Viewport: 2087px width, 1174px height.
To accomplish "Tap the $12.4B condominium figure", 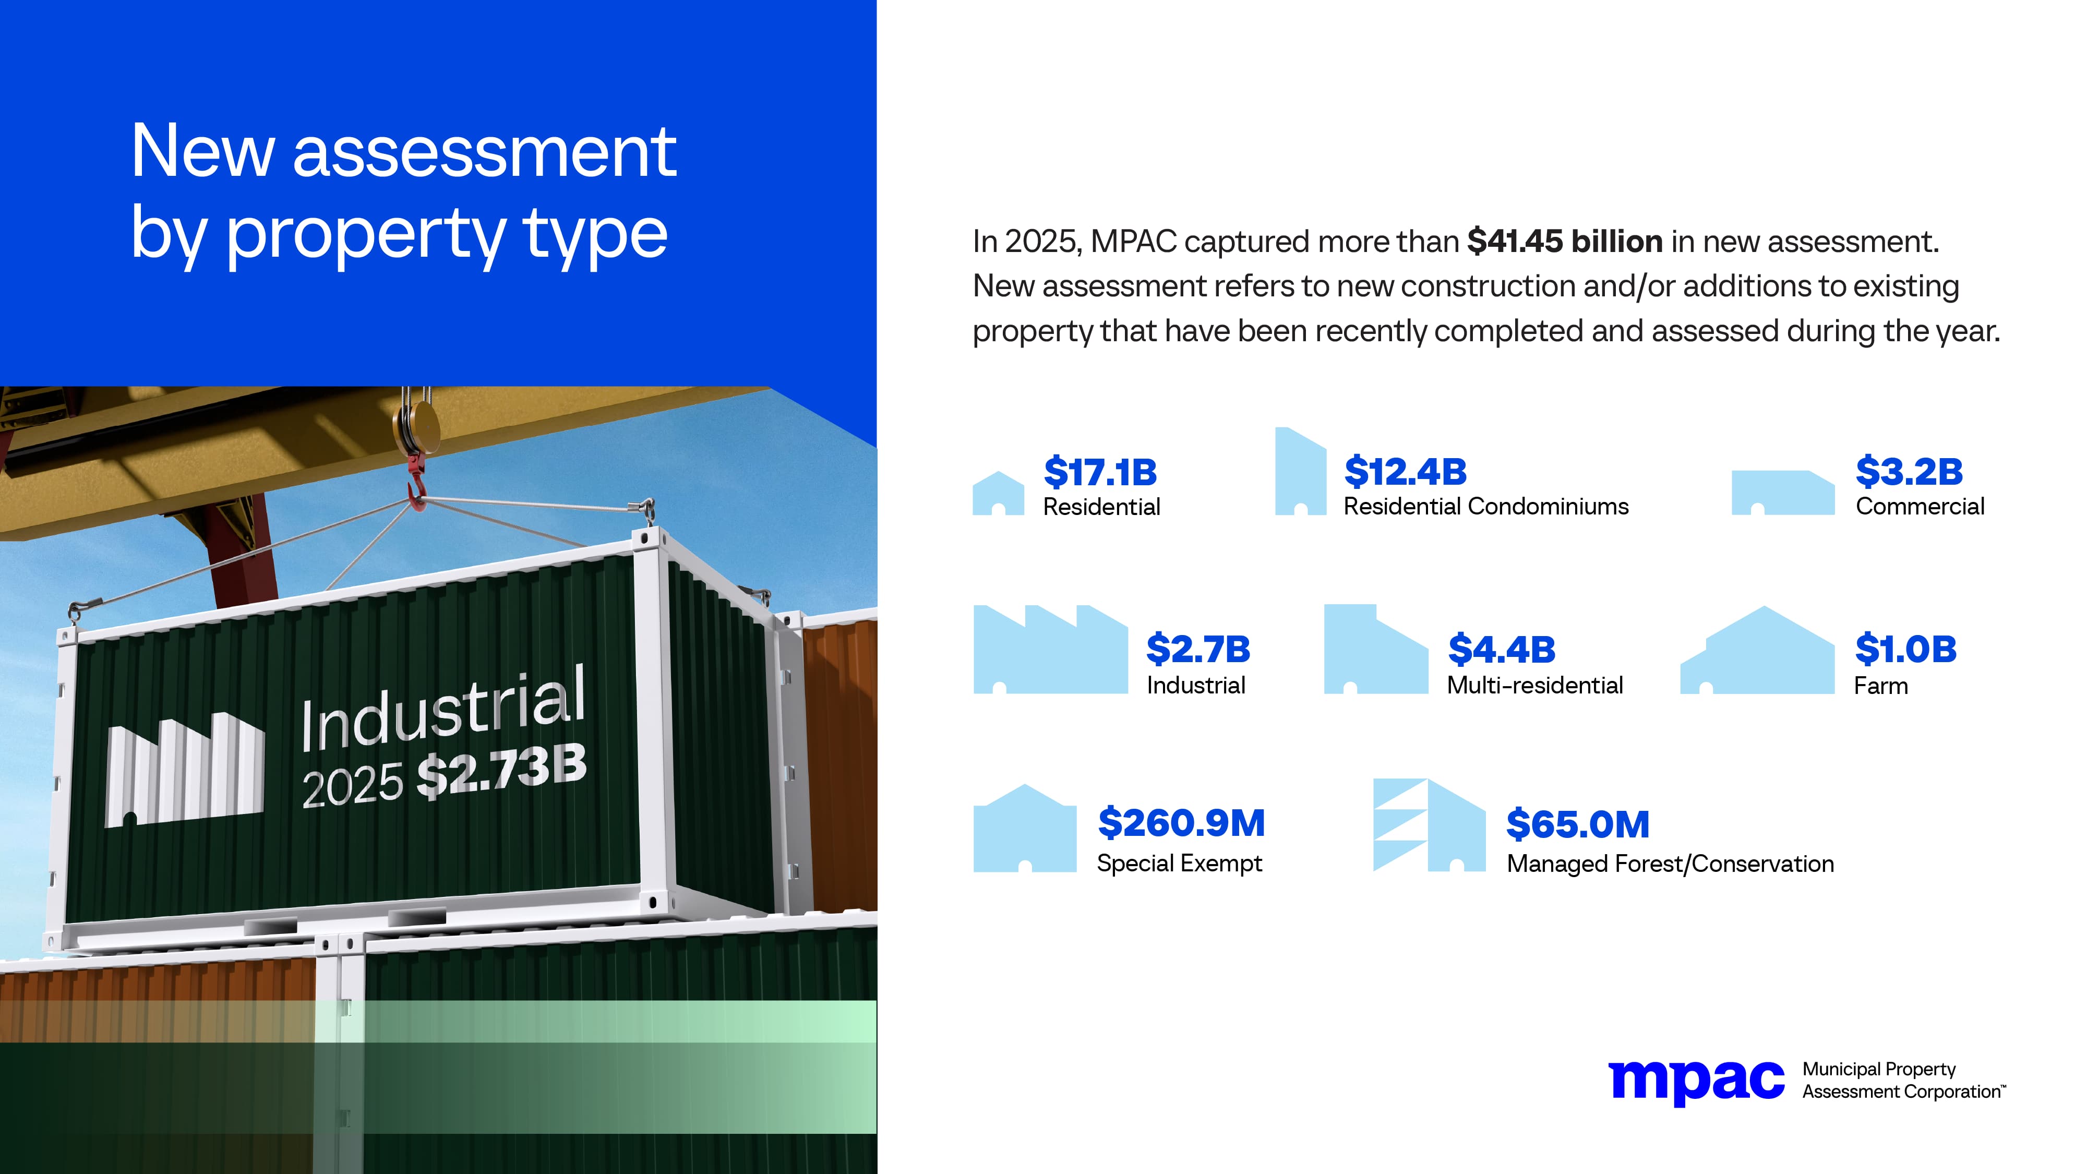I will click(1405, 472).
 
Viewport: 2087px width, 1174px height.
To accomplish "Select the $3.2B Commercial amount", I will click(1909, 472).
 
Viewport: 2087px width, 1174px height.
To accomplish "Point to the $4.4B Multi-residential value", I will click(1501, 650).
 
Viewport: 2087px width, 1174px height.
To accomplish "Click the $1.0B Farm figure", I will click(1905, 650).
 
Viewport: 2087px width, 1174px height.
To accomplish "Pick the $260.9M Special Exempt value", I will click(1180, 824).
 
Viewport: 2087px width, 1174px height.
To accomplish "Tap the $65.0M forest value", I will click(1577, 825).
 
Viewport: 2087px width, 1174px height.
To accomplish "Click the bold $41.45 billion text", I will click(1564, 242).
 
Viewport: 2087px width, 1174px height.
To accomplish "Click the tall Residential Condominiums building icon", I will click(1300, 472).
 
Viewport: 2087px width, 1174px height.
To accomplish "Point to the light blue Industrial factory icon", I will click(1050, 650).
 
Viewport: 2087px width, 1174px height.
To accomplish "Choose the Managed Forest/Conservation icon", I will click(1429, 825).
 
